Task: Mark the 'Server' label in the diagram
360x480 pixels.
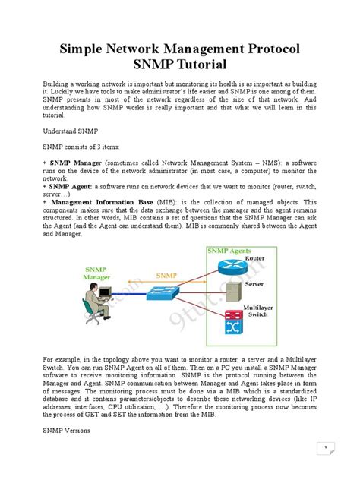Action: click(254, 284)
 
